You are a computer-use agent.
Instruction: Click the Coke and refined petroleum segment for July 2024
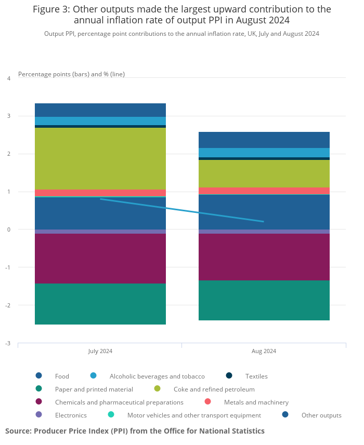click(100, 158)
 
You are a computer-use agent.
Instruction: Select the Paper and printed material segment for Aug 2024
click(264, 300)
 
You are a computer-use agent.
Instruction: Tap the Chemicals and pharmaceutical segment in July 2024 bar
click(100, 258)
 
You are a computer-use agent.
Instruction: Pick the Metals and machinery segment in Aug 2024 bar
click(264, 191)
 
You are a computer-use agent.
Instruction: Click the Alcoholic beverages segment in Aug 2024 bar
click(264, 153)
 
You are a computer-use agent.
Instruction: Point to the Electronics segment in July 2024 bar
click(100, 232)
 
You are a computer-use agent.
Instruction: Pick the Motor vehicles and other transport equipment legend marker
click(111, 415)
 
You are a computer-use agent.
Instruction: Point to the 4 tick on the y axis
click(9, 78)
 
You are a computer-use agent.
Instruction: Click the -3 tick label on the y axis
click(8, 343)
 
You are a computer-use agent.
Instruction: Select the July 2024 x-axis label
click(100, 351)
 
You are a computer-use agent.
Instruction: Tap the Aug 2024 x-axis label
click(264, 351)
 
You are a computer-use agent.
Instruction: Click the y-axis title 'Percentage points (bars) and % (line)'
click(71, 74)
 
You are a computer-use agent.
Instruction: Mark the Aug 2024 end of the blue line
click(264, 222)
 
